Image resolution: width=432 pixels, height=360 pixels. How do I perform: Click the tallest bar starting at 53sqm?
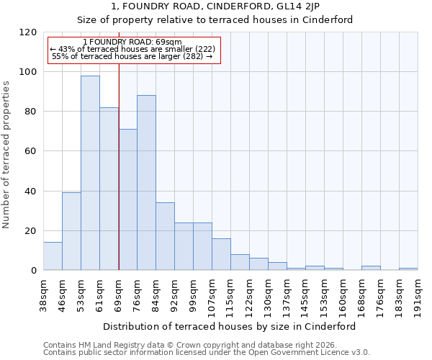point(90,173)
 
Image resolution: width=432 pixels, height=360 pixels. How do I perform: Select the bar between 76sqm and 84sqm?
point(146,183)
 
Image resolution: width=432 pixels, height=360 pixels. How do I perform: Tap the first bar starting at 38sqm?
point(53,256)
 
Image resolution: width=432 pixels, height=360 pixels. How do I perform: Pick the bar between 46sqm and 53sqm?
point(71,231)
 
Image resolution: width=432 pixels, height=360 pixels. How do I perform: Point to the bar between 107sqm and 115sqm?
point(221,254)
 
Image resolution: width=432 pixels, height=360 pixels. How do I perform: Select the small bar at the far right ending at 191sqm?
point(408,269)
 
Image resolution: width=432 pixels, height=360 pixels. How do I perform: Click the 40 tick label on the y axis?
point(31,192)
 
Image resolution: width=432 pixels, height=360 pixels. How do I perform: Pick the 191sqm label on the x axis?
point(418,294)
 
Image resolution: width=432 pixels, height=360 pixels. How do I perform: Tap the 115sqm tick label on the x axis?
point(231,294)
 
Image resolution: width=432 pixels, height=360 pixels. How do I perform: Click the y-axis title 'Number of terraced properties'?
point(7,155)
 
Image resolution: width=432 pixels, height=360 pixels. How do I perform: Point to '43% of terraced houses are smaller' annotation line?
point(132,49)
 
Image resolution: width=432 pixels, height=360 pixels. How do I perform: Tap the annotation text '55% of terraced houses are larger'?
point(132,56)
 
